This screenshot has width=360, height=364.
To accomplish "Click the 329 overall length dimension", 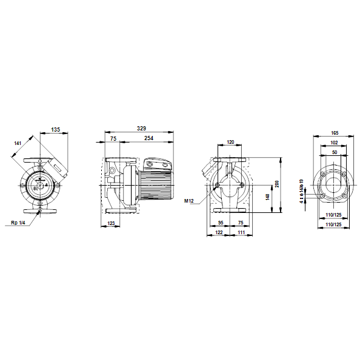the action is tap(141, 129).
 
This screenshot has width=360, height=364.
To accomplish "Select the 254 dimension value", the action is tap(148, 138).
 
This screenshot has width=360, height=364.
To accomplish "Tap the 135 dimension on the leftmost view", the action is tap(55, 130).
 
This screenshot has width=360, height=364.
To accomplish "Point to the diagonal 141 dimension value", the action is tap(18, 143).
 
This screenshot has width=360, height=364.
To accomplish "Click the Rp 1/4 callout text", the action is tap(18, 223).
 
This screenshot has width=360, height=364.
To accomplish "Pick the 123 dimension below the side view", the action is tap(111, 223).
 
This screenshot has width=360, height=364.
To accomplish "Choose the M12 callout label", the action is tap(189, 201).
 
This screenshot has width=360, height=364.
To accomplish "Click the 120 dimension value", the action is tap(230, 142).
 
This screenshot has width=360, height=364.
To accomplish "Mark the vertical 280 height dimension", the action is tap(277, 184).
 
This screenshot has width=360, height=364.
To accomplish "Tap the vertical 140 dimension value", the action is tap(267, 197).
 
